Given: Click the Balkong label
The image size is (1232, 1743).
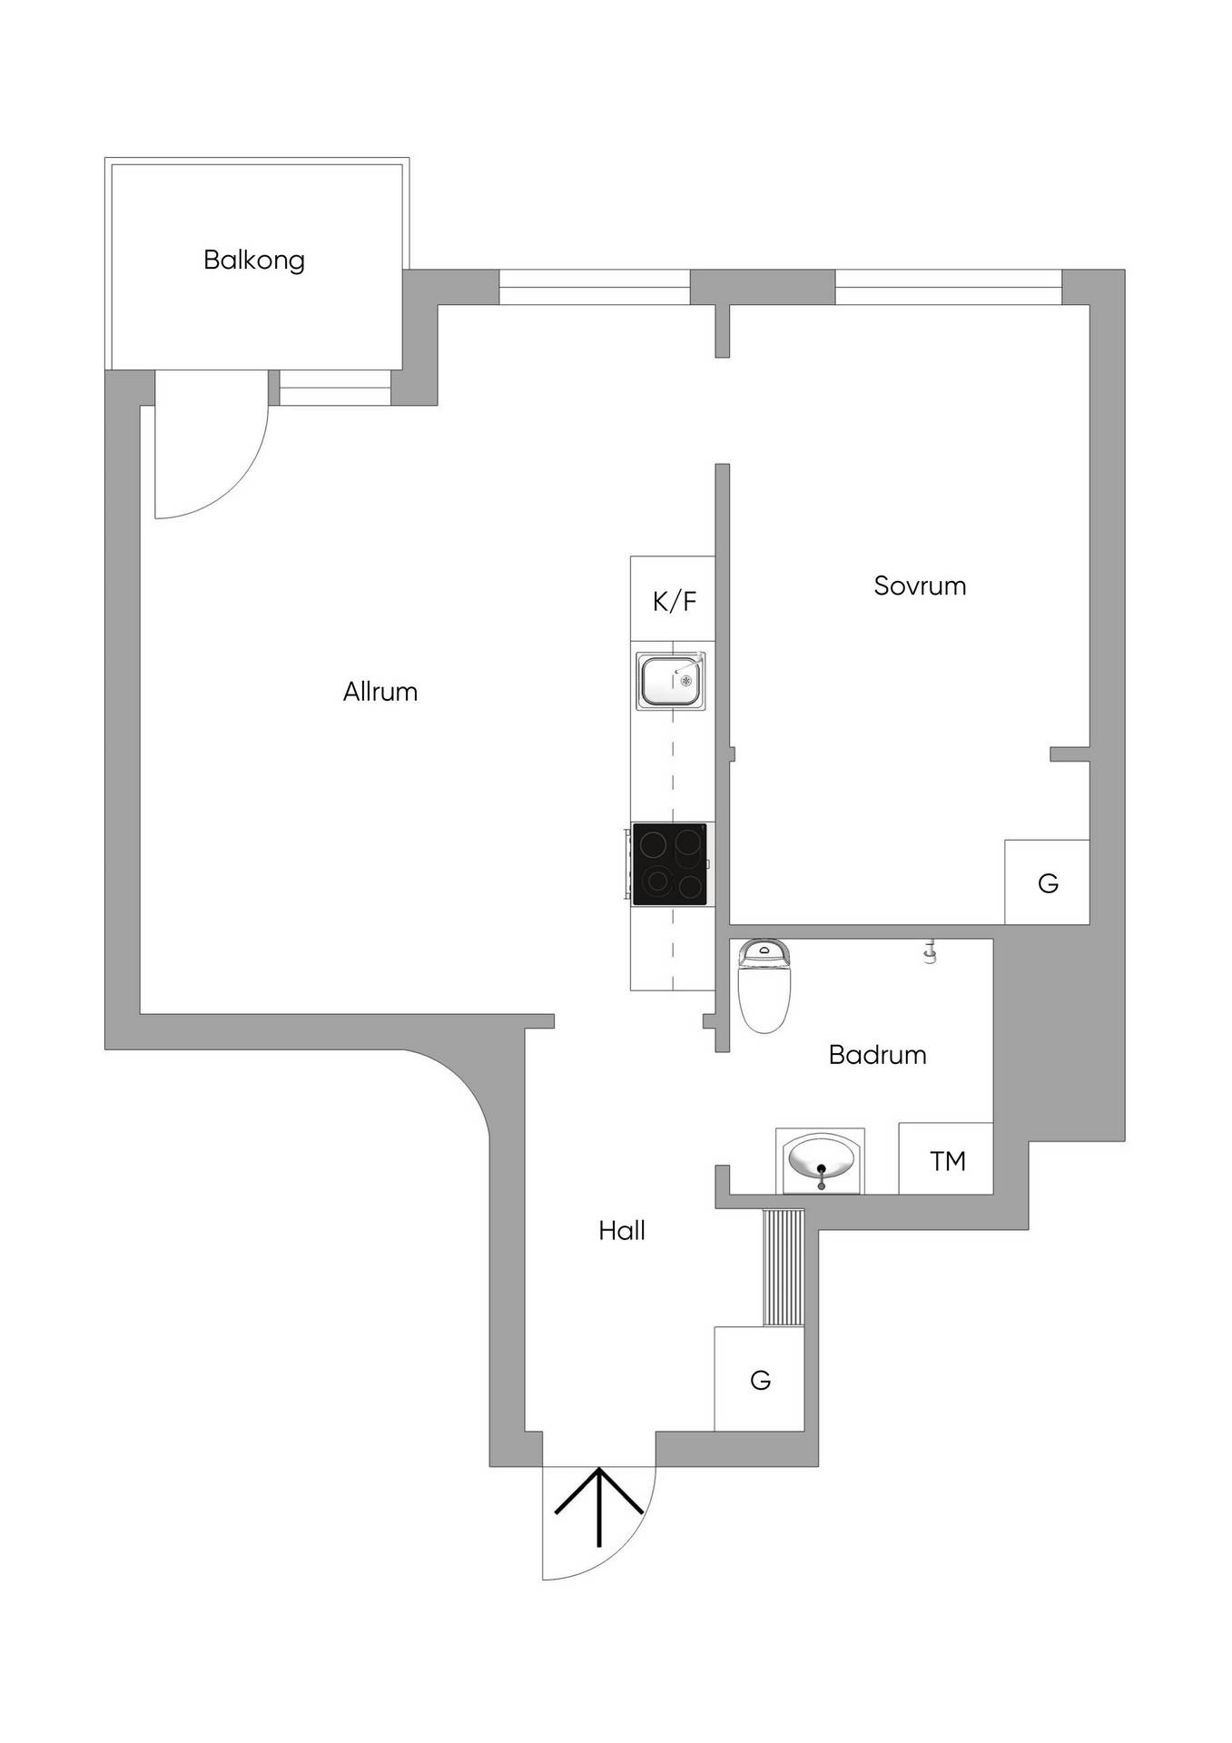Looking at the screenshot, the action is coord(254,261).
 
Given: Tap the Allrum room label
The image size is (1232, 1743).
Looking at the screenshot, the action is coord(380,692).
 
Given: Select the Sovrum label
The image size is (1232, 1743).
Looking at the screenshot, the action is coord(920,586).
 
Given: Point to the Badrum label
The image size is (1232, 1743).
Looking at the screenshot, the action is coord(878,1055).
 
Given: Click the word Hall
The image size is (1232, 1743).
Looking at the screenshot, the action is coord(622,1231).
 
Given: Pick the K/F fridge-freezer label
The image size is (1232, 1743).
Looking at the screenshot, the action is coord(675,601).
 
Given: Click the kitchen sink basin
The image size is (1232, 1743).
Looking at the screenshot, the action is coord(671,680).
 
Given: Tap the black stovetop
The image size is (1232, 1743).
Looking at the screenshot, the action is coord(670,863).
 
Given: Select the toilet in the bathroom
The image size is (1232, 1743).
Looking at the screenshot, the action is coord(764,986).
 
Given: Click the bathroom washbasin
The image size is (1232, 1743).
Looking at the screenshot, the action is coord(820,1161).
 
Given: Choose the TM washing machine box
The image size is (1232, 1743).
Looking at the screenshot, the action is coord(946,1158).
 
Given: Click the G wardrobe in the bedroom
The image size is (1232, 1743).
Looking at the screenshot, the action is coord(1047,882).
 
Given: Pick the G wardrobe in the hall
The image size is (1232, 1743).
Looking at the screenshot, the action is coord(759,1379).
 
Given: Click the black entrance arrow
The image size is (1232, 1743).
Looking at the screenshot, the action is coord(599,1508).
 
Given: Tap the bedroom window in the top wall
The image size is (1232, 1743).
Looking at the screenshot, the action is coord(948,287).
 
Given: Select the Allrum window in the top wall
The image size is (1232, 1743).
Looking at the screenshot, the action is coord(595,287).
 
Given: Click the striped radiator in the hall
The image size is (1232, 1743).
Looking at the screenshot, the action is coord(784,1268).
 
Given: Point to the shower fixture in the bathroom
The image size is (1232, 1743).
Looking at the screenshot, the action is coord(929,950).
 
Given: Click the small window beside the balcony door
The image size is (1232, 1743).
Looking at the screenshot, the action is coord(335,388).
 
